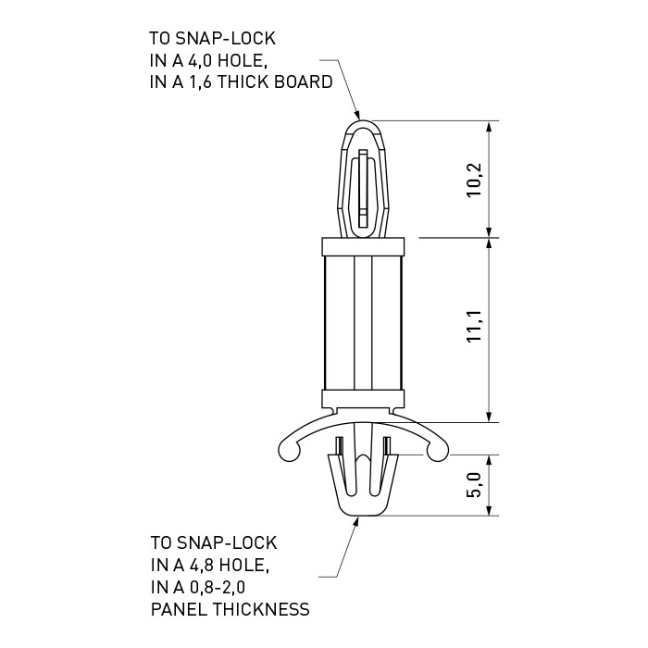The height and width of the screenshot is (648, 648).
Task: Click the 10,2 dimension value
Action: point(475,180)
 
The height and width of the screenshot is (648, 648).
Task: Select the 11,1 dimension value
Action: point(475,326)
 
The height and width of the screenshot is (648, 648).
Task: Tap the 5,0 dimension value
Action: point(475,485)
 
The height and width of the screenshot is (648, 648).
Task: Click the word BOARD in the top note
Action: point(304,82)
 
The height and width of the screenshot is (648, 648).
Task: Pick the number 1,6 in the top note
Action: point(200,82)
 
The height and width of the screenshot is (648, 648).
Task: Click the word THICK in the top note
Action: point(243,82)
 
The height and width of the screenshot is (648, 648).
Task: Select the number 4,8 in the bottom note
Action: point(201,565)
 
